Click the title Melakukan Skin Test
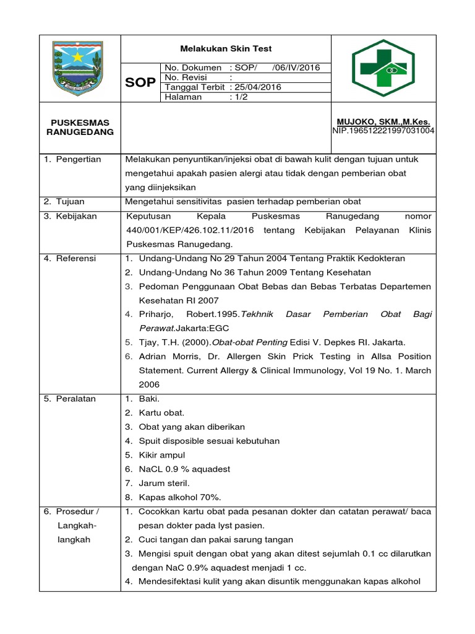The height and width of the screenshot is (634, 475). [226, 49]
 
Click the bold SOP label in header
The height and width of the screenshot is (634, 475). [141, 82]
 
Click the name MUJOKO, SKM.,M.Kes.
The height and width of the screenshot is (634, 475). [383, 123]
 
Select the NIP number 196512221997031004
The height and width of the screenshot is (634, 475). [383, 131]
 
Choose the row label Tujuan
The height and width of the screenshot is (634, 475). [70, 202]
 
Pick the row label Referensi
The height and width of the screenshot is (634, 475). [75, 258]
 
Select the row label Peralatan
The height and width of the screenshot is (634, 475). [75, 399]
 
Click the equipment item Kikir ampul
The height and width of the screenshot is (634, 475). [162, 455]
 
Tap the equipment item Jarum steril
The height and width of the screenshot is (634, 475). [164, 483]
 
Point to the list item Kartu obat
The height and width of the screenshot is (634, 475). [161, 412]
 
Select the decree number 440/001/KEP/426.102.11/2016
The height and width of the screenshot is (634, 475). [190, 230]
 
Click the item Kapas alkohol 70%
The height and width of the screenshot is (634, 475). [179, 497]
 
